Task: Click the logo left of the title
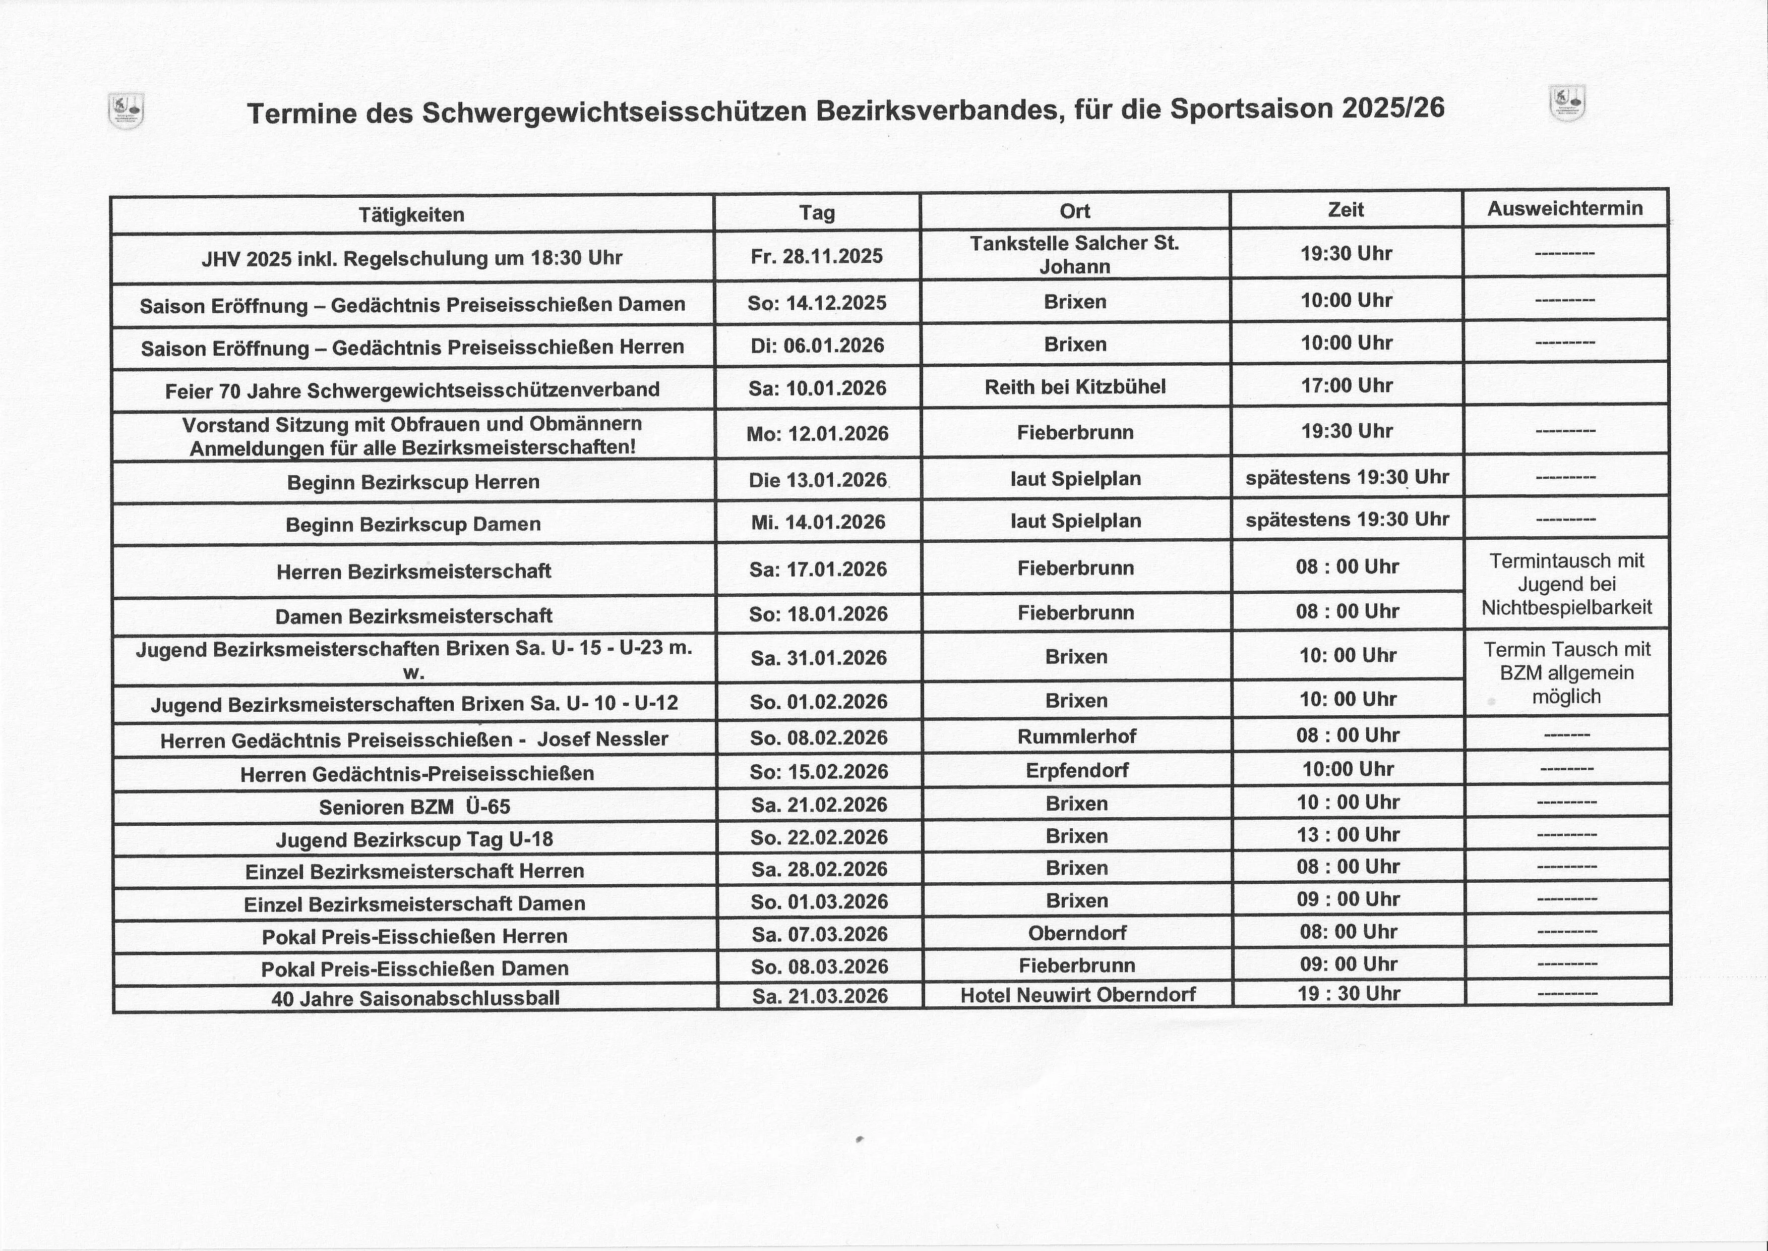(126, 110)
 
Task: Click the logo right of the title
(1567, 104)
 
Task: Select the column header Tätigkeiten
(411, 214)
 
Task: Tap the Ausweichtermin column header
(1565, 208)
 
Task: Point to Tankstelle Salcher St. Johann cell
(1074, 255)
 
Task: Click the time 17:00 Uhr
(1347, 385)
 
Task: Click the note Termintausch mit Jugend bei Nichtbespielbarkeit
(1566, 584)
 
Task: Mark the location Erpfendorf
(1076, 770)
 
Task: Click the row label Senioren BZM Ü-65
(414, 807)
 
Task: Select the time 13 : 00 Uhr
(1348, 834)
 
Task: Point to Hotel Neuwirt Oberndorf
(1077, 994)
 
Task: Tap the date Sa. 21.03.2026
(820, 996)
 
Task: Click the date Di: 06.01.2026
(818, 345)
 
